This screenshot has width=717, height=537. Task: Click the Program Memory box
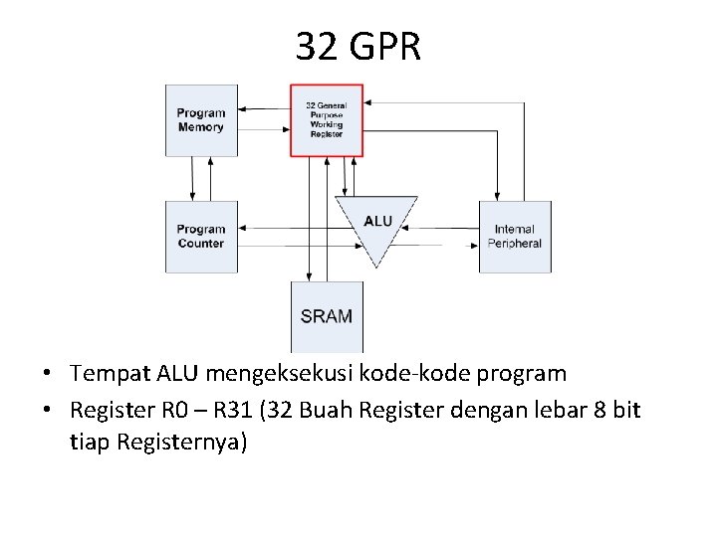201,120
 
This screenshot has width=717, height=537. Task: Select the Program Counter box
201,237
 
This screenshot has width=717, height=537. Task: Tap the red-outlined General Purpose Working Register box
326,120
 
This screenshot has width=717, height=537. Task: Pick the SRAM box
327,316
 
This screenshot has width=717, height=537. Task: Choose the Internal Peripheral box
515,237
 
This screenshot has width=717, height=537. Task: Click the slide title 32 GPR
358,47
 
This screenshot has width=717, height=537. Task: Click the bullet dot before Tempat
48,376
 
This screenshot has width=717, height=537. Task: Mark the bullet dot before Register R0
48,411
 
